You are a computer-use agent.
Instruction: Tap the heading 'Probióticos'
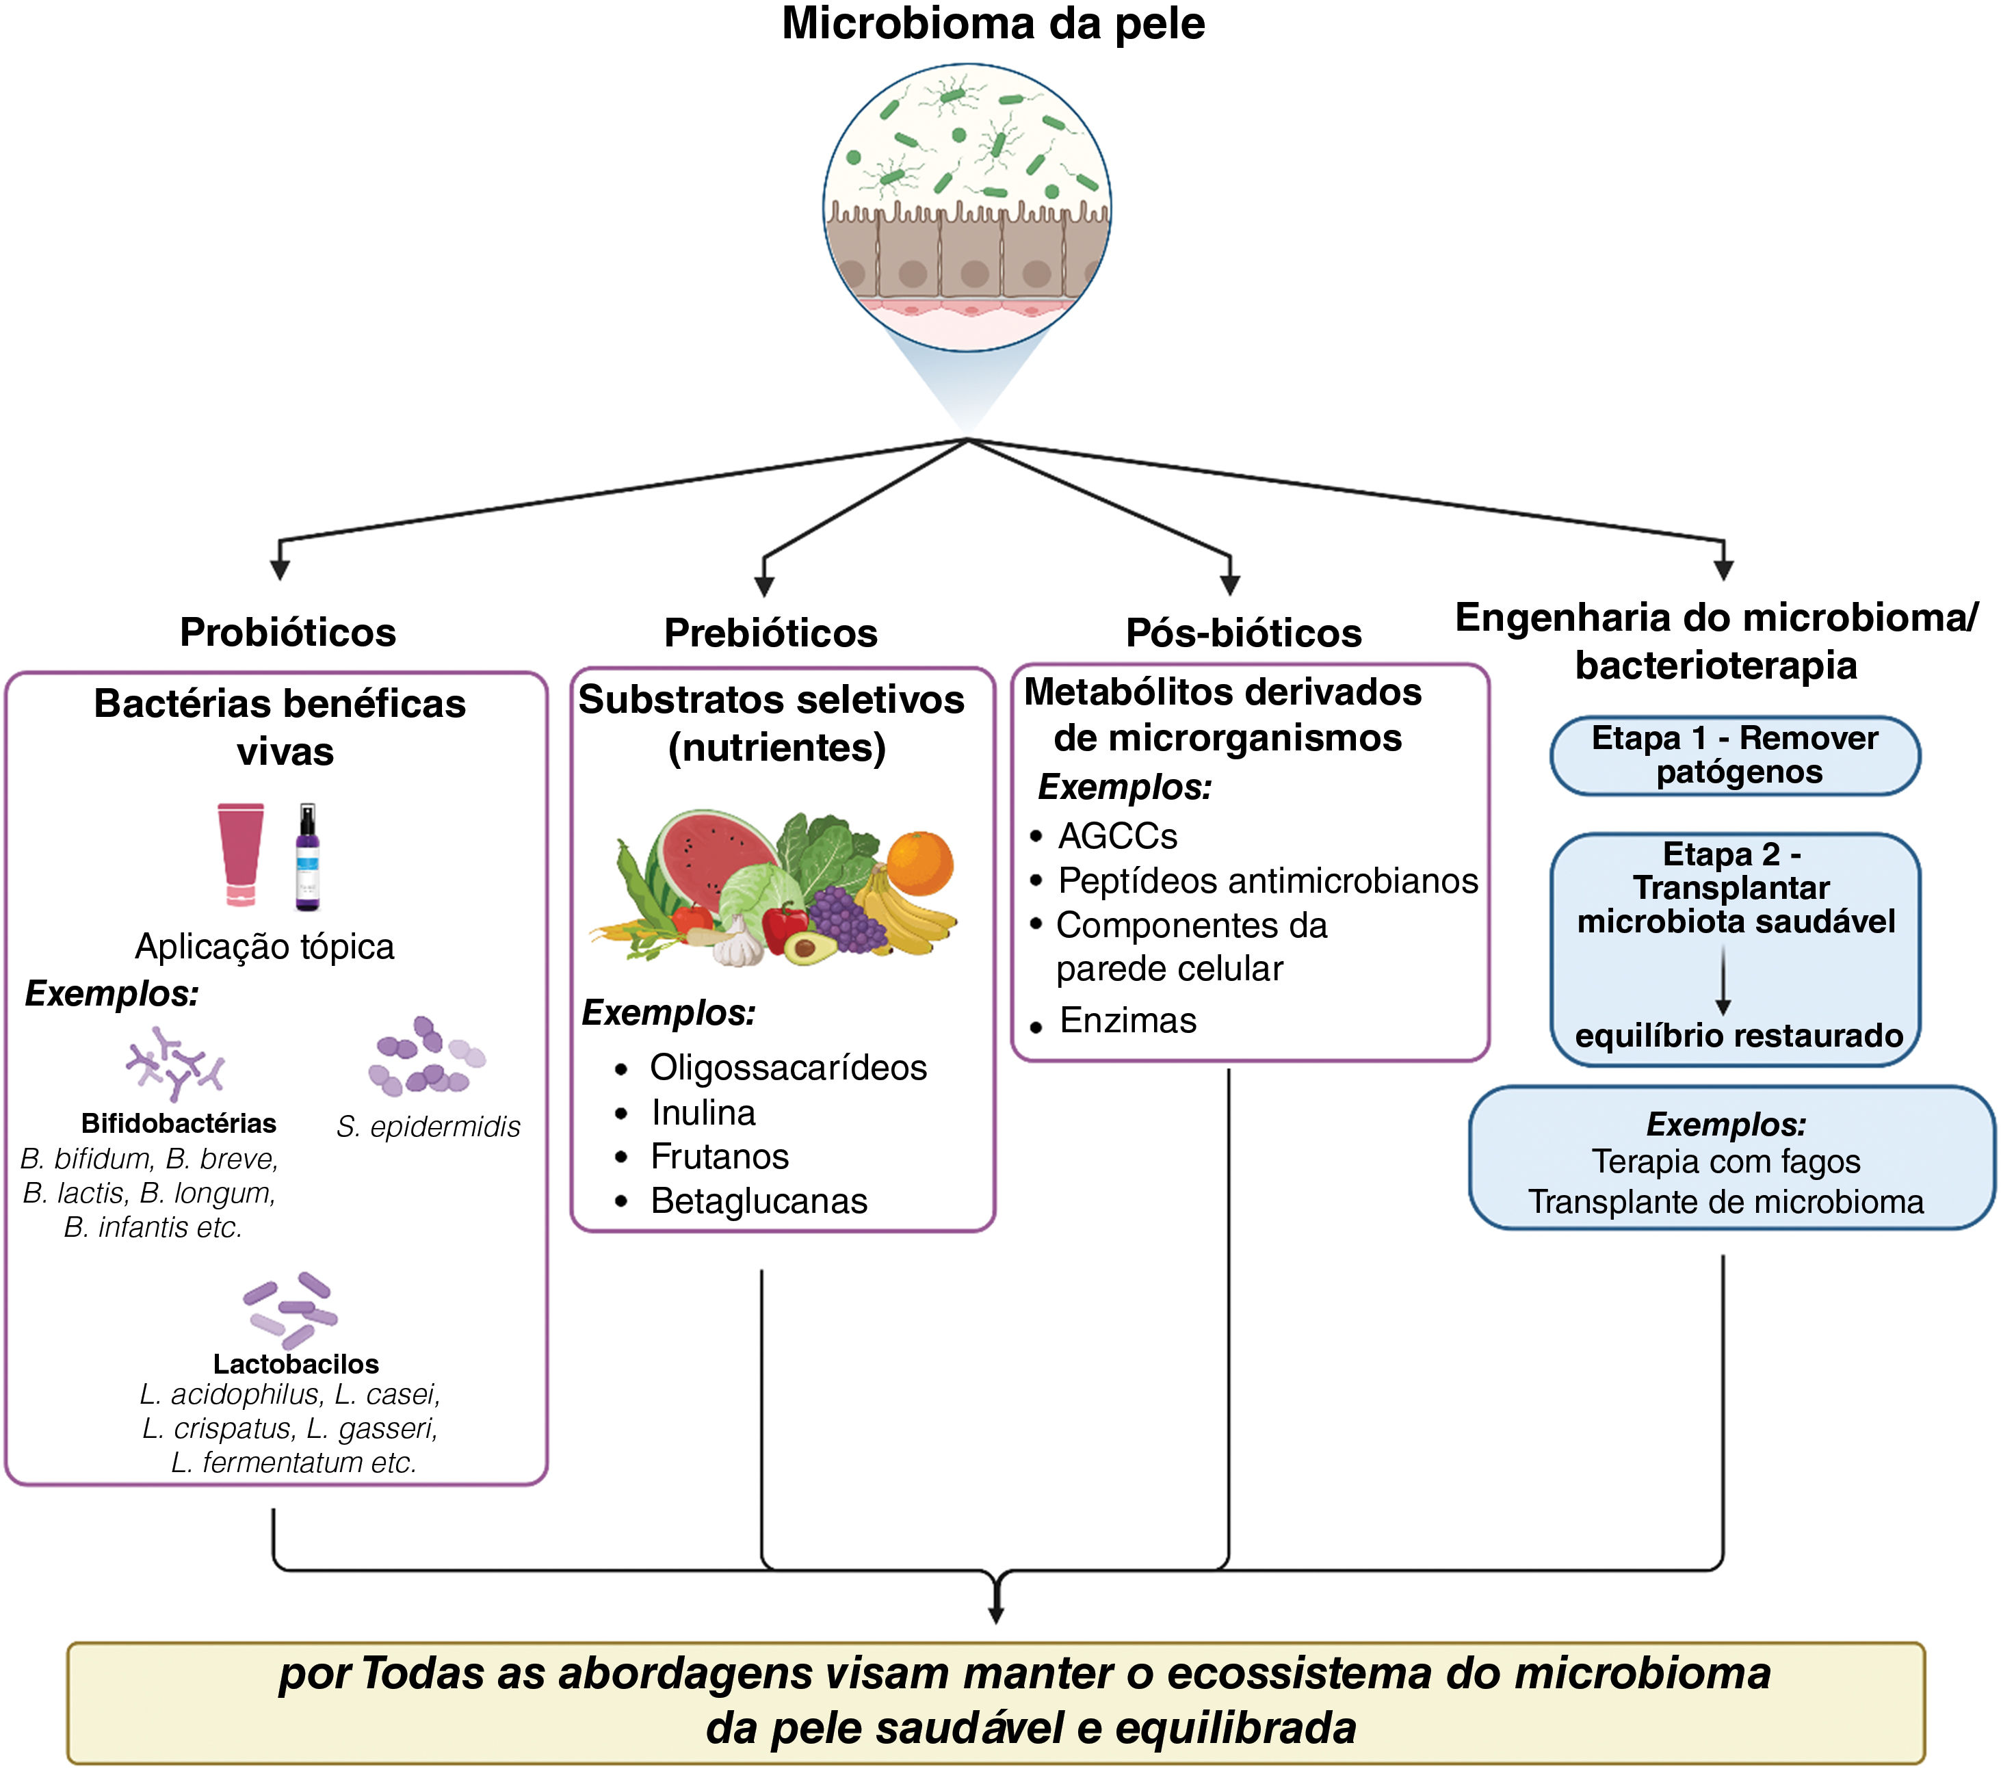click(x=288, y=632)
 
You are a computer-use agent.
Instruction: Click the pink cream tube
click(x=241, y=854)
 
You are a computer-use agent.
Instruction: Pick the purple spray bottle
click(x=307, y=858)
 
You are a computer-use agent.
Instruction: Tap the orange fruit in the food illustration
click(x=919, y=863)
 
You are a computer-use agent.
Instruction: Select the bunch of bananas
click(x=901, y=915)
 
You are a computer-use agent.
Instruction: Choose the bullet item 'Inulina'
click(x=703, y=1112)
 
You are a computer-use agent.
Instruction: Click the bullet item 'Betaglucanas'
click(x=759, y=1201)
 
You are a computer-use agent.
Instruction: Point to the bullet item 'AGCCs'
click(x=1117, y=836)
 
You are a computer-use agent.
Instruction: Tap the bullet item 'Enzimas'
click(x=1128, y=1020)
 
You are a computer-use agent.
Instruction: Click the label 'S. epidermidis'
click(x=428, y=1127)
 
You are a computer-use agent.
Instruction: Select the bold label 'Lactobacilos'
click(x=296, y=1364)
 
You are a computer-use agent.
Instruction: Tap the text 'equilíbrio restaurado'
click(x=1738, y=1036)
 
